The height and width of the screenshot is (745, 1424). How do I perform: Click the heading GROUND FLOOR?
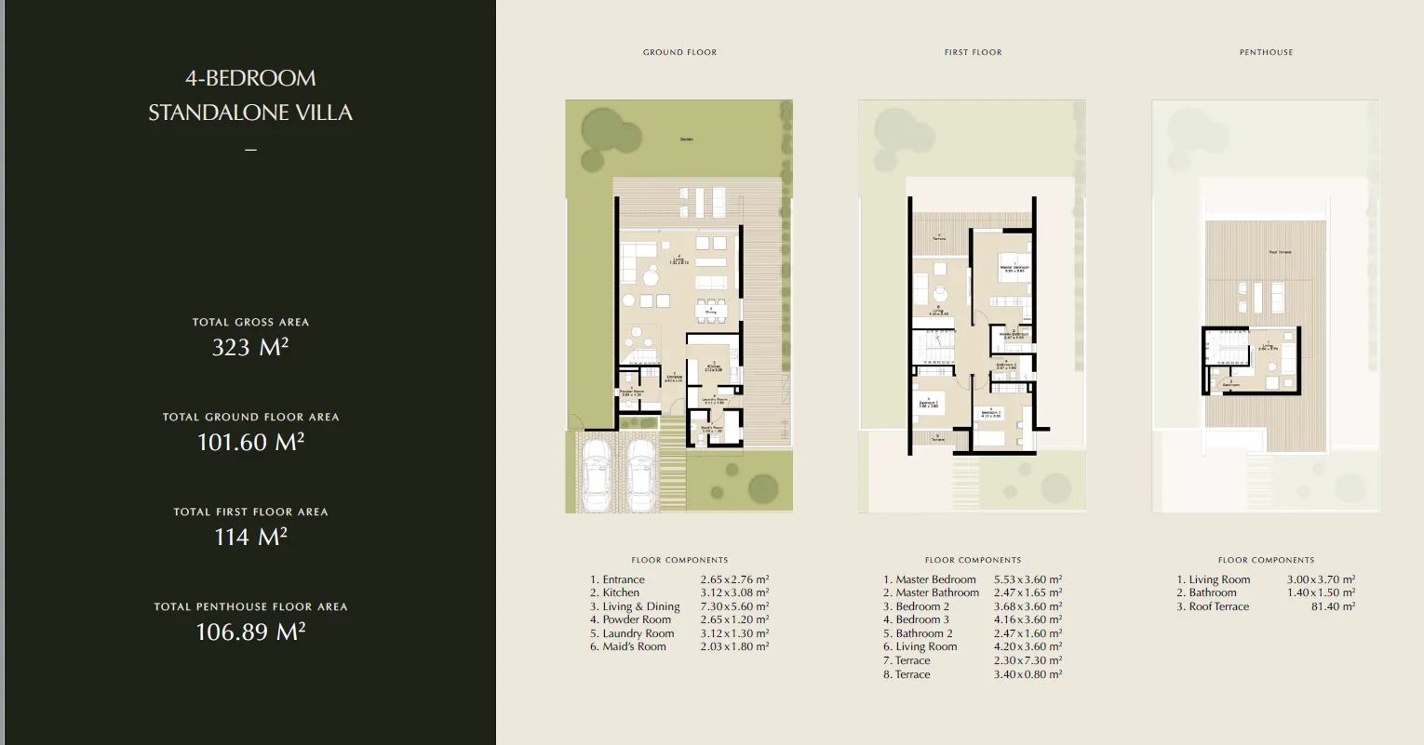point(679,52)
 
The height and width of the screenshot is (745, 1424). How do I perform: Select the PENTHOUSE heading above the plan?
point(1266,52)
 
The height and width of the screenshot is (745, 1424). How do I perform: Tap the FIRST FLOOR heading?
point(973,52)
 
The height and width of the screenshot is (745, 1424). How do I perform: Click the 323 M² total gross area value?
point(250,348)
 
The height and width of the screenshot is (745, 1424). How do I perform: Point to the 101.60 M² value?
point(250,443)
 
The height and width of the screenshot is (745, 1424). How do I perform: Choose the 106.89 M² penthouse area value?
point(250,632)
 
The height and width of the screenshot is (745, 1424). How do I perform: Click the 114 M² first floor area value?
point(250,537)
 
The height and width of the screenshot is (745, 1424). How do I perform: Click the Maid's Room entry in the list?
point(634,647)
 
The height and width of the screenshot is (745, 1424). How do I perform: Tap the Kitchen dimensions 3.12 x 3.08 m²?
point(734,592)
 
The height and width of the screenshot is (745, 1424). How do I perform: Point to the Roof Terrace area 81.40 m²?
point(1333,606)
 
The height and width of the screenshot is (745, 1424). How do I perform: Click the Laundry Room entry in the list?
point(638,633)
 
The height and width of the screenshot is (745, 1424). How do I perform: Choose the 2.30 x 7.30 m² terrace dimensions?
point(1028,660)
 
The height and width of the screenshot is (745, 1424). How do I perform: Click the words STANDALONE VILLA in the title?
point(250,113)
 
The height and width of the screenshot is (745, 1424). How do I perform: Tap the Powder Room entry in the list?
point(636,619)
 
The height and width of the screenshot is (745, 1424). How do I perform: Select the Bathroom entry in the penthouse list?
point(1212,592)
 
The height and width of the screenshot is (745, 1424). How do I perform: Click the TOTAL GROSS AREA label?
point(250,322)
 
